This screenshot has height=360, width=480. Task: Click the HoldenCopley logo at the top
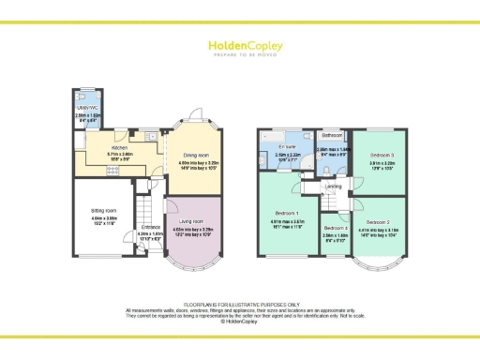pyautogui.click(x=239, y=46)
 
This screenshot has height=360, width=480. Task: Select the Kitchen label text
pyautogui.click(x=120, y=148)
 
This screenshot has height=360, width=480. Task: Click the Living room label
pyautogui.click(x=192, y=221)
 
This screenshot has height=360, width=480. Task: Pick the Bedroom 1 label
pyautogui.click(x=288, y=212)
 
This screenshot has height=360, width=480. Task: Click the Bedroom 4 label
pyautogui.click(x=335, y=228)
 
